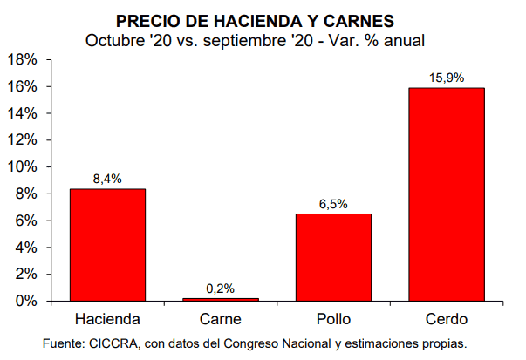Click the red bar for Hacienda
tap(107, 245)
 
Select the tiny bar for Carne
tap(221, 299)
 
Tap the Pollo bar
tap(333, 257)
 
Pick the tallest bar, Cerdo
tap(447, 194)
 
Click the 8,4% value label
tap(107, 179)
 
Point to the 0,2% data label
tap(221, 289)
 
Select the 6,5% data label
tap(333, 204)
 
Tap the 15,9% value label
tap(447, 78)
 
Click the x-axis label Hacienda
tap(107, 319)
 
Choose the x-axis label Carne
tap(221, 319)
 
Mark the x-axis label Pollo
tap(333, 319)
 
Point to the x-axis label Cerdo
tap(447, 319)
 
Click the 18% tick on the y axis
tap(21, 59)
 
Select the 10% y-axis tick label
tap(21, 167)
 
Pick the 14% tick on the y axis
tap(21, 113)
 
